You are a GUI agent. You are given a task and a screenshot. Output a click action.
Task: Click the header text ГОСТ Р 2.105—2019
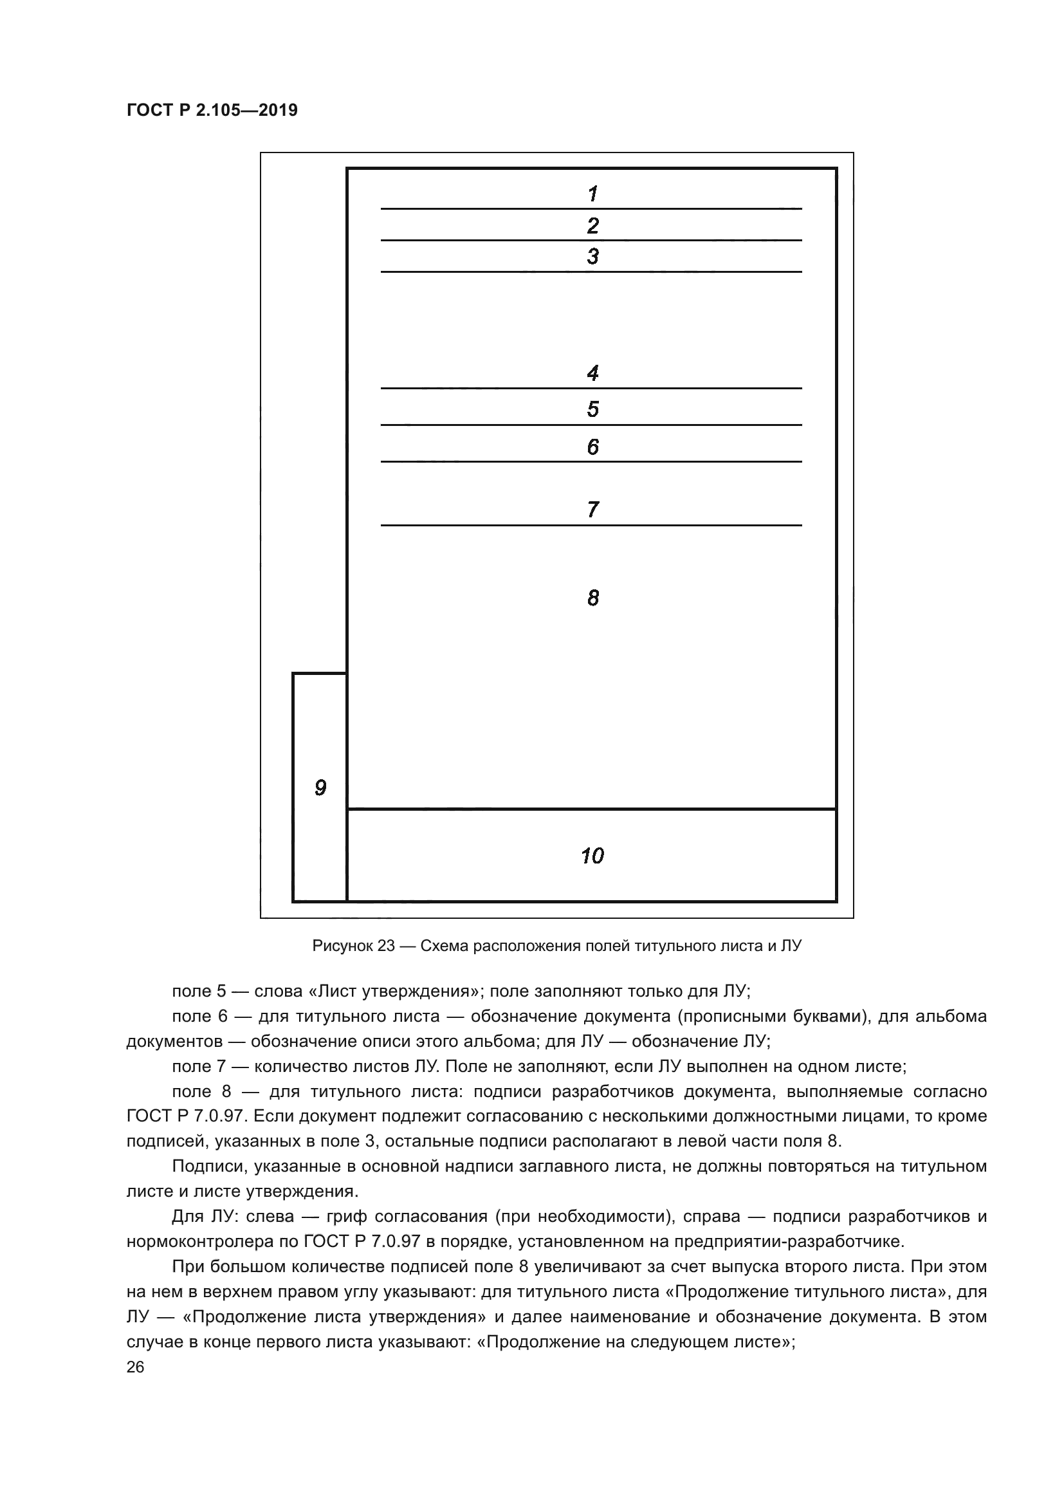(x=212, y=110)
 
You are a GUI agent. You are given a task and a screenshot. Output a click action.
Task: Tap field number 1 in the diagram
(x=592, y=194)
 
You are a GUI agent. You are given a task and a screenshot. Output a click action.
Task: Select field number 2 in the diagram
(x=592, y=225)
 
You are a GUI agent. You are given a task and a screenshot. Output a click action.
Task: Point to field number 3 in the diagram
(x=592, y=256)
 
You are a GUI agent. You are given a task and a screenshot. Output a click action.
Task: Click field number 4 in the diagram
(x=592, y=374)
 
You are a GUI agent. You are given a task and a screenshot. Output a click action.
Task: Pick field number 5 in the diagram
(x=592, y=410)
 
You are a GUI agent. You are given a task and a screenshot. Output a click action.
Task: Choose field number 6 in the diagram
(x=592, y=447)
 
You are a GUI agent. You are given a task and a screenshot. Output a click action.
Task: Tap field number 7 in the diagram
(x=592, y=510)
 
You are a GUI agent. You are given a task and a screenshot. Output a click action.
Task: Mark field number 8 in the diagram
(x=592, y=598)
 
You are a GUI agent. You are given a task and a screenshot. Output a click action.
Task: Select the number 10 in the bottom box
(x=592, y=856)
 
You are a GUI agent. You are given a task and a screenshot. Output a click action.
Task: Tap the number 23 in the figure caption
(x=386, y=946)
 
